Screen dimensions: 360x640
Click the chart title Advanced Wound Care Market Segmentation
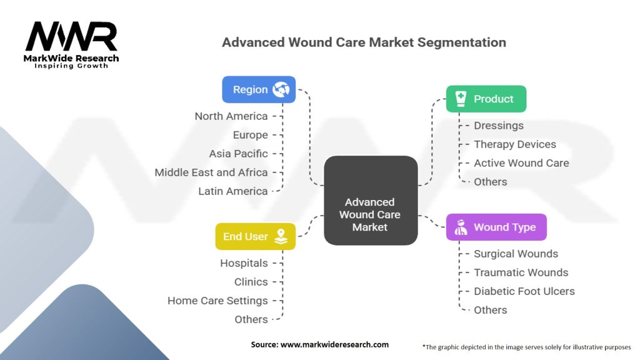click(x=364, y=42)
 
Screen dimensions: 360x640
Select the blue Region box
click(x=259, y=89)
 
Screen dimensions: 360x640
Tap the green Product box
click(x=486, y=99)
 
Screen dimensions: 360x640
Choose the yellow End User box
click(x=255, y=236)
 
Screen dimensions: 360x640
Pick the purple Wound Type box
click(x=496, y=227)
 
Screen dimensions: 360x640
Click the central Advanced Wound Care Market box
click(x=370, y=214)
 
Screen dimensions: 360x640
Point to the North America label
click(x=231, y=116)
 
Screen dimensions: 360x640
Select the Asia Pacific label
click(x=238, y=154)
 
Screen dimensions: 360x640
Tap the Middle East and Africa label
click(x=211, y=172)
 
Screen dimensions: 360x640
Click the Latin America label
click(x=232, y=191)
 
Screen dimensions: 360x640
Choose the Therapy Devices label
click(x=514, y=144)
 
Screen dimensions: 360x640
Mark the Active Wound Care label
click(x=521, y=163)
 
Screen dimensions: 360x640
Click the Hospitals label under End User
click(x=244, y=263)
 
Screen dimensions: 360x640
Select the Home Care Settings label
click(x=217, y=301)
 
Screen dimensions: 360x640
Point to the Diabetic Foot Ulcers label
click(x=524, y=291)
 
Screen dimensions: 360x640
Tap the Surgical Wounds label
click(x=516, y=254)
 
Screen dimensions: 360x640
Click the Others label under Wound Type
click(x=490, y=310)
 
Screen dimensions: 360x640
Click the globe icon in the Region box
click(x=281, y=89)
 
